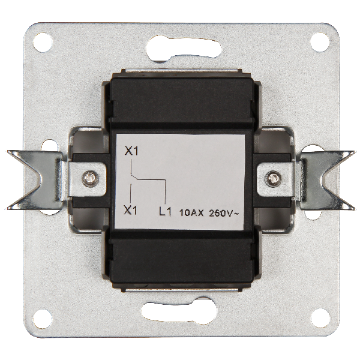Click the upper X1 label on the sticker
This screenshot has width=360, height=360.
coord(131,151)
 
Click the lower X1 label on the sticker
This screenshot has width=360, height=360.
coord(130,210)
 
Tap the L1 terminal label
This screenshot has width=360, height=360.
coord(165,211)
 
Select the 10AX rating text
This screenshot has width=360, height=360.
coord(191,213)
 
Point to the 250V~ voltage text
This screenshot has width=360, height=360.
coord(224,213)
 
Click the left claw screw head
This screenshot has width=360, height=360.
coord(91,179)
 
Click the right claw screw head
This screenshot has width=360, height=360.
coord(272,178)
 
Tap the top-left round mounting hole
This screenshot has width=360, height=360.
coord(43,43)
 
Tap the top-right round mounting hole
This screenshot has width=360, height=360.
coord(320,42)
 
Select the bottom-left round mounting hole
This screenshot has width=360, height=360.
coord(43,319)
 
